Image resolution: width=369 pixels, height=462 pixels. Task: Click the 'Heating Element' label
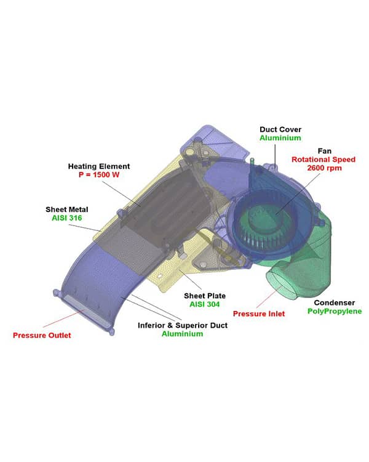coord(98,166)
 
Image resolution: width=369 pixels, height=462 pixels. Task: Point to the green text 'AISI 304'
coord(204,304)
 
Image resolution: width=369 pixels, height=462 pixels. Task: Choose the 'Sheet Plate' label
coord(204,296)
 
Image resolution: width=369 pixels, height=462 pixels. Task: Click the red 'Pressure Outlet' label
coord(42,335)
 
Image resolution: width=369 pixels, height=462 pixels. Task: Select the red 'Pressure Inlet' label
coord(259,314)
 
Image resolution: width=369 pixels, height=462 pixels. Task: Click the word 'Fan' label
coord(324,150)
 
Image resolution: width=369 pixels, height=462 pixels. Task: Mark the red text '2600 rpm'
coord(324,168)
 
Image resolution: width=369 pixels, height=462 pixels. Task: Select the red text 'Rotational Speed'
coord(324,159)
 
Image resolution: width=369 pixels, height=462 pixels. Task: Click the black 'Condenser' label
coord(335,302)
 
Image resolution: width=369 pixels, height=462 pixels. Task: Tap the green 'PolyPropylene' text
coord(335,312)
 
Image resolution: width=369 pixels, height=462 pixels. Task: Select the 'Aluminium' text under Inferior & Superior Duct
coord(183,334)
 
